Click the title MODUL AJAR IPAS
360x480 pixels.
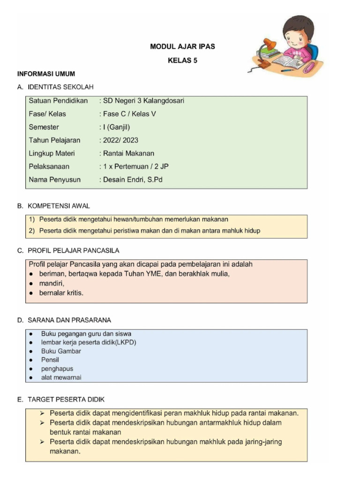182,47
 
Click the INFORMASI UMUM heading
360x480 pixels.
46,74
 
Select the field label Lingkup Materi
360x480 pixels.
52,153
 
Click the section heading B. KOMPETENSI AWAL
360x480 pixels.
53,206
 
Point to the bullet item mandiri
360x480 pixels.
52,283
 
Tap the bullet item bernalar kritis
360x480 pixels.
61,292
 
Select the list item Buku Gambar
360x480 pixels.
61,351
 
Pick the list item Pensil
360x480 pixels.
50,360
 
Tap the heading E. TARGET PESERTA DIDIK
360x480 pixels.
60,399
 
